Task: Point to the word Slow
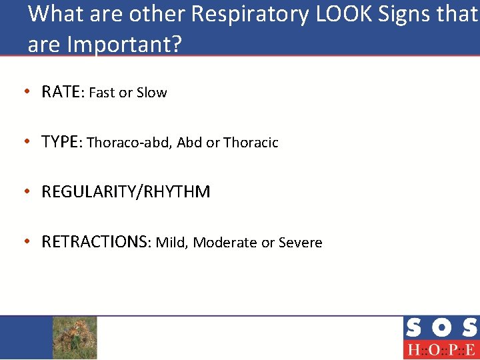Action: click(152, 93)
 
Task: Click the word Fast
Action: click(101, 93)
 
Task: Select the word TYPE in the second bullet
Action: click(60, 142)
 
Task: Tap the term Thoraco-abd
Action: click(129, 143)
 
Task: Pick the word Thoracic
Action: click(251, 143)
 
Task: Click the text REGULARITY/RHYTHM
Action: click(125, 192)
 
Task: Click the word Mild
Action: click(171, 243)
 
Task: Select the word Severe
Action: click(300, 243)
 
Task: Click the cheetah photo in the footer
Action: click(75, 337)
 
